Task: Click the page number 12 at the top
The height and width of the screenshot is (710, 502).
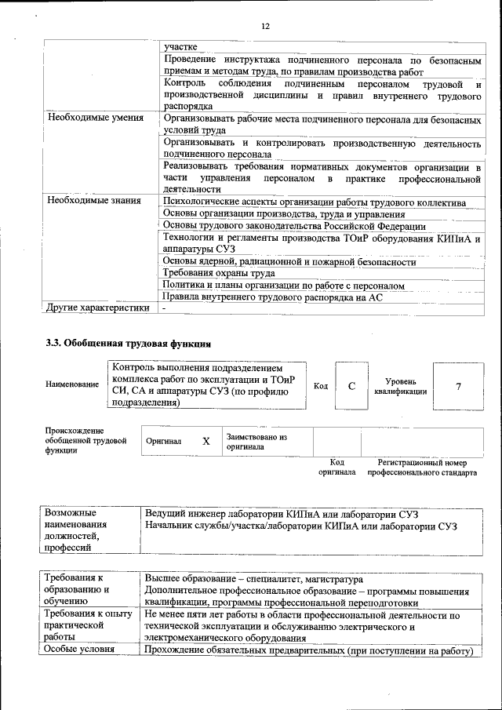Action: [x=264, y=26]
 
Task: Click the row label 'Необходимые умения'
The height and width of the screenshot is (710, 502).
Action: [x=96, y=118]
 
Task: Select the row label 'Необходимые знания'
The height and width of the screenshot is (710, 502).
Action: [x=94, y=202]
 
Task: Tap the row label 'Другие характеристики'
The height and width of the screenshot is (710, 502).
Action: [x=98, y=308]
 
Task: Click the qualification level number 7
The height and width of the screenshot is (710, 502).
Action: [x=457, y=386]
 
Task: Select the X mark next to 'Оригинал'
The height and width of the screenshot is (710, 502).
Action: [x=206, y=442]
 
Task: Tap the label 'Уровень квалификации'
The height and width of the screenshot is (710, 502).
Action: [x=400, y=386]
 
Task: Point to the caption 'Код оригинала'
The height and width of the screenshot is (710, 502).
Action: [x=336, y=468]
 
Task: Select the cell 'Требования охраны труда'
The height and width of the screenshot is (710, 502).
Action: [x=219, y=273]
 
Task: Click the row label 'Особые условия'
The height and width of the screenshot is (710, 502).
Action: [x=78, y=650]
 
